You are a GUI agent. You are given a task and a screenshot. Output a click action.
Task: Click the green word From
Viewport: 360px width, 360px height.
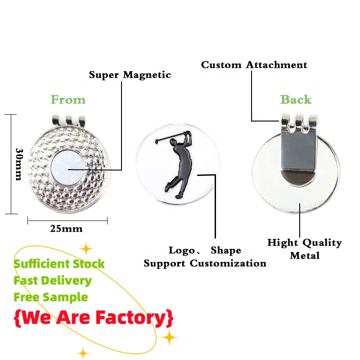[x=68, y=99]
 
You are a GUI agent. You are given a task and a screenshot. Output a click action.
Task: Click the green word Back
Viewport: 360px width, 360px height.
[x=296, y=99]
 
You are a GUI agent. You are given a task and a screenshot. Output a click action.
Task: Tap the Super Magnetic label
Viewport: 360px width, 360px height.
[x=130, y=75]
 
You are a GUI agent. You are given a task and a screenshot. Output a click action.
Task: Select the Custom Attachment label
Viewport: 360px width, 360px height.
[x=254, y=65]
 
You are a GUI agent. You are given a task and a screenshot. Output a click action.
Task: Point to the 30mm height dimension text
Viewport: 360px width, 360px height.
[x=19, y=164]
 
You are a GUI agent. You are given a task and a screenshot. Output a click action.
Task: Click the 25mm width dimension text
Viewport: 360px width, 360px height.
[x=66, y=229]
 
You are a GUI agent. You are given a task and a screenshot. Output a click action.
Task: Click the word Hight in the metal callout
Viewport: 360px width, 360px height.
[x=283, y=243]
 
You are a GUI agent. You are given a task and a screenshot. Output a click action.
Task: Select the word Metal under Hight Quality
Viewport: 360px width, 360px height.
[x=305, y=256]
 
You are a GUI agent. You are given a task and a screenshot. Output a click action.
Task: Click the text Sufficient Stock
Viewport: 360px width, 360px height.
[x=59, y=264]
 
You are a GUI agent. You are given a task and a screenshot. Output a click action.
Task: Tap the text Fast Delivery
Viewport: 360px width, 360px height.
[x=52, y=281]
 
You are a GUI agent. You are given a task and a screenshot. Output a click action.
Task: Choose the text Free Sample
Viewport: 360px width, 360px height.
[x=50, y=297]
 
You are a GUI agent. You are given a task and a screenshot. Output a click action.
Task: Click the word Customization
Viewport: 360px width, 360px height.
[x=228, y=263]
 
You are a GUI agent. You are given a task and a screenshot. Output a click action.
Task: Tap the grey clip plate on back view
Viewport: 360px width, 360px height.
[x=296, y=148]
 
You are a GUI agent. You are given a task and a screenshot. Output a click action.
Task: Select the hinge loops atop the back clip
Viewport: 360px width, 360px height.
[x=296, y=121]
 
